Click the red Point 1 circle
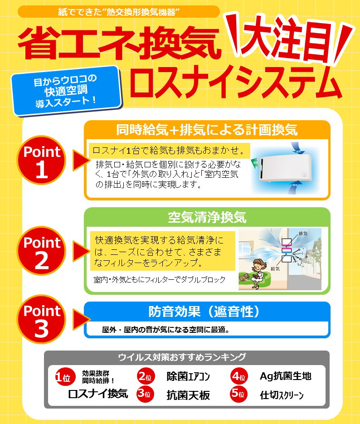coord(41,160)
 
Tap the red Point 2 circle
coord(41,251)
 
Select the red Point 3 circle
coord(41,319)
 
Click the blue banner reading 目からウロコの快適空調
coord(66,91)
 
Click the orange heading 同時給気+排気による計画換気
coord(207,130)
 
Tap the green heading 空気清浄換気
coord(207,217)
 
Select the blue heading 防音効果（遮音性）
coord(204,312)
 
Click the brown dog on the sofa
coord(244,277)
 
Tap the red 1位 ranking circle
coord(65,377)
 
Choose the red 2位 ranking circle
coord(146,376)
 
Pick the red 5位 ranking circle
coord(239,394)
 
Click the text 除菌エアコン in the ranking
coord(188,376)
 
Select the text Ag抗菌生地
coord(285,376)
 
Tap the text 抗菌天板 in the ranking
coord(188,395)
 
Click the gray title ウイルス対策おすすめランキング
coord(182,357)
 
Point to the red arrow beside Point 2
coord(81,251)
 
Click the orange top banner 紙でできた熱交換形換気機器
coord(119,12)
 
